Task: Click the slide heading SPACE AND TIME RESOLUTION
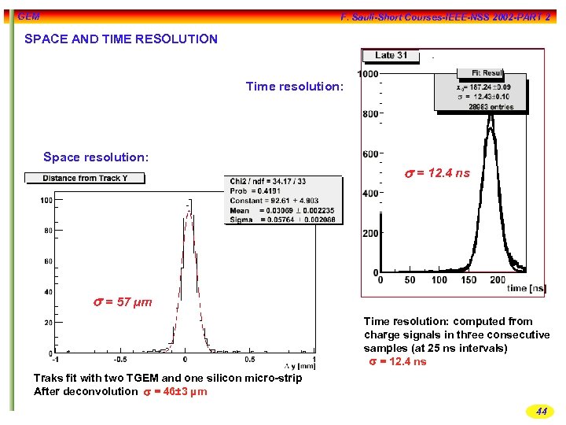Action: [121, 39]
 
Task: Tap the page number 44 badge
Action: [541, 411]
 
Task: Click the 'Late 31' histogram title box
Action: [391, 55]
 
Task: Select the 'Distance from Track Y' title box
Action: [85, 178]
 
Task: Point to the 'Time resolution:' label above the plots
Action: [295, 87]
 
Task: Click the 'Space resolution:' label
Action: [96, 157]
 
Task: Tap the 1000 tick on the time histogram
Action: [368, 74]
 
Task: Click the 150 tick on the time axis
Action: [469, 280]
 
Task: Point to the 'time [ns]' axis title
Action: [527, 289]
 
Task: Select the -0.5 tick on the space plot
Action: [118, 360]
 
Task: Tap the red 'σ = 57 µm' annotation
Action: [123, 302]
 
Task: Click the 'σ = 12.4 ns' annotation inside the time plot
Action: [437, 173]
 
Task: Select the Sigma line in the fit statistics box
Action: [284, 220]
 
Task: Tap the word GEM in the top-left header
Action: [28, 17]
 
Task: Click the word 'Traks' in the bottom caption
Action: [48, 379]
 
